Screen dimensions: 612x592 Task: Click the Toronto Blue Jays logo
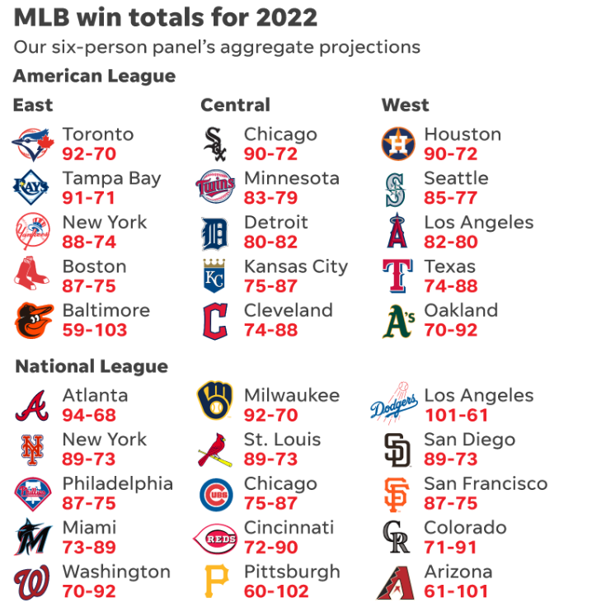[33, 144]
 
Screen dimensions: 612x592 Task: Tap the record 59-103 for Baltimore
[95, 331]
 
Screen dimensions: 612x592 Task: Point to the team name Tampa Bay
[111, 178]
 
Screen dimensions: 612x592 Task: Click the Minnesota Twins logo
[214, 188]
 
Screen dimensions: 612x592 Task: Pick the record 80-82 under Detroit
[270, 242]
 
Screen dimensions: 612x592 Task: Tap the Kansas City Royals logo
[214, 276]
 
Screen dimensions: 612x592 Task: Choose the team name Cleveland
[288, 311]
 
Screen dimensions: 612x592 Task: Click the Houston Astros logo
[398, 144]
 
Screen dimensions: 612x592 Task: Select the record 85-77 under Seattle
[450, 198]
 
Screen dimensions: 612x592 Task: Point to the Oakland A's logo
[398, 321]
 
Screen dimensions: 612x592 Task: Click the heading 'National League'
[91, 366]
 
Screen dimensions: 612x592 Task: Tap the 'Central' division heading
[235, 105]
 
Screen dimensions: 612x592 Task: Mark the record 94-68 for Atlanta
[89, 416]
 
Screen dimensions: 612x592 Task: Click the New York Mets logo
[33, 449]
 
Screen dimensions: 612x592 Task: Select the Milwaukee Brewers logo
[214, 405]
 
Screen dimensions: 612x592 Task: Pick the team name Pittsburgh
[292, 572]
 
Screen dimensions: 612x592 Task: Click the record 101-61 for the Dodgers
[456, 416]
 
